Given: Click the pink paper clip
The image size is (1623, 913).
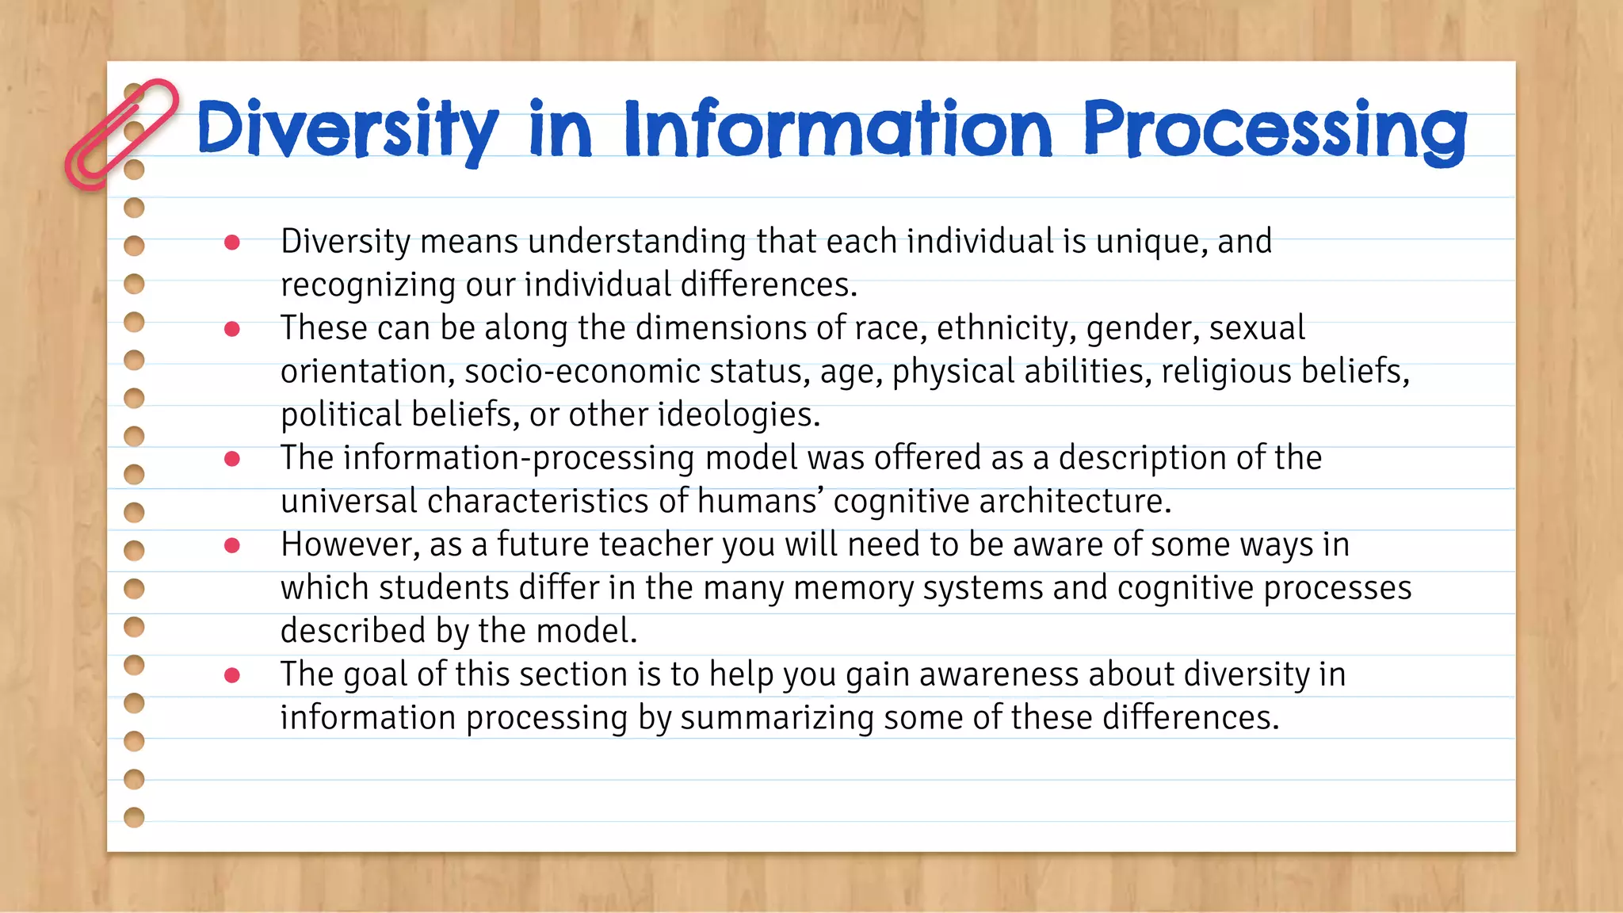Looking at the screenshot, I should tap(120, 134).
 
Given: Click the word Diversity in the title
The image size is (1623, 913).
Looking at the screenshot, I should tap(347, 128).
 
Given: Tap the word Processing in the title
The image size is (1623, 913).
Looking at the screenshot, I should tap(1274, 128).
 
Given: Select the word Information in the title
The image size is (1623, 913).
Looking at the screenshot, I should tap(838, 128).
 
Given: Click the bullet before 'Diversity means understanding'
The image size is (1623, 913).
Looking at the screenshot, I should tap(232, 242).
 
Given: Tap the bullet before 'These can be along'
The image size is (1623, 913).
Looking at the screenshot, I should tap(232, 328).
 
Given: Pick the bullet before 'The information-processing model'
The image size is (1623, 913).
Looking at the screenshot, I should tap(232, 458).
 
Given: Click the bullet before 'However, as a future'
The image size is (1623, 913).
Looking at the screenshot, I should tap(232, 544).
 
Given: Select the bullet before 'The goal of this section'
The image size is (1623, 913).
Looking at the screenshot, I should tap(232, 674).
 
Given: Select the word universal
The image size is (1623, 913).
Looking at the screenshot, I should tap(349, 501).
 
